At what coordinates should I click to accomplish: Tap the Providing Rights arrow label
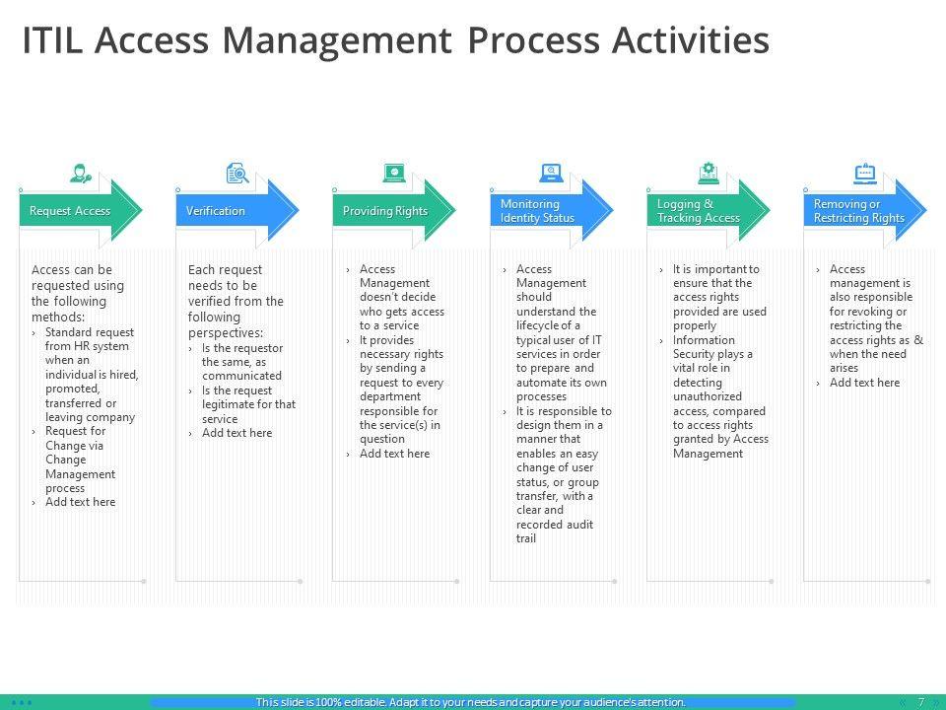pyautogui.click(x=385, y=211)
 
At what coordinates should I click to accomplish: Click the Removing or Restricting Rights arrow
pyautogui.click(x=858, y=211)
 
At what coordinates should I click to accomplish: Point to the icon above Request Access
pyautogui.click(x=80, y=175)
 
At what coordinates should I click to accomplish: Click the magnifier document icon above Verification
pyautogui.click(x=236, y=175)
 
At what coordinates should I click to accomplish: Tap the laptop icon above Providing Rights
pyautogui.click(x=394, y=175)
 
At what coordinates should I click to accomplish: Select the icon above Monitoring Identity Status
pyautogui.click(x=552, y=175)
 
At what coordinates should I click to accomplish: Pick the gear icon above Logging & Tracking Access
pyautogui.click(x=709, y=175)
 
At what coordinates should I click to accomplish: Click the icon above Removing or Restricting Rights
pyautogui.click(x=865, y=175)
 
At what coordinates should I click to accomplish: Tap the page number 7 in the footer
pyautogui.click(x=921, y=702)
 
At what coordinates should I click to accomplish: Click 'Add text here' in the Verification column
pyautogui.click(x=236, y=433)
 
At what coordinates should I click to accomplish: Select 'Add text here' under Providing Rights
pyautogui.click(x=394, y=454)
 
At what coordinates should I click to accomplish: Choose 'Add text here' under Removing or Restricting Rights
pyautogui.click(x=864, y=383)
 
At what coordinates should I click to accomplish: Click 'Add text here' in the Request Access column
pyautogui.click(x=80, y=502)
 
